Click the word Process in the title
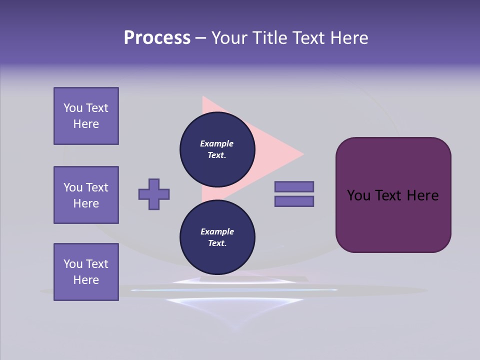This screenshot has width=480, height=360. tap(157, 38)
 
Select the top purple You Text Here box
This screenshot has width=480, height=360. tap(86, 116)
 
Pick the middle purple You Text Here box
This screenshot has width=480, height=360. tap(86, 195)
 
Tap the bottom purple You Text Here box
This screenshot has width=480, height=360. tap(86, 272)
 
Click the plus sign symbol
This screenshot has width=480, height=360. tap(154, 194)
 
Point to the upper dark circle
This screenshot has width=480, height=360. tap(217, 149)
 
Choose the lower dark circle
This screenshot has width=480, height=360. tap(217, 237)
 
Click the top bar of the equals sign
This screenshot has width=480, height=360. tap(294, 186)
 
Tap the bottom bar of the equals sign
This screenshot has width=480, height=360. tap(294, 201)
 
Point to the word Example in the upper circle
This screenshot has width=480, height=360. tap(217, 143)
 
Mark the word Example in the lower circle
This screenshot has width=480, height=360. tap(217, 231)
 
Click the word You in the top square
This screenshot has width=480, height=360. tap(73, 108)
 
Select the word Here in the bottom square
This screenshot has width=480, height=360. tap(86, 280)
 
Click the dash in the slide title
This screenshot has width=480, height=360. tap(201, 38)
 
